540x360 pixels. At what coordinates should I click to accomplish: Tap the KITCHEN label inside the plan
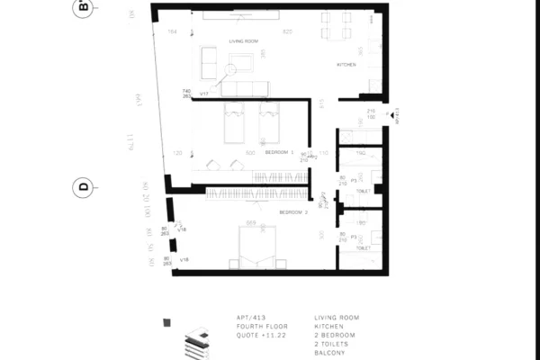[346, 65]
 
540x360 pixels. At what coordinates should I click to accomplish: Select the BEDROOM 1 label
[280, 153]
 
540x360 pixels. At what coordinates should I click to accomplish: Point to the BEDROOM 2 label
[293, 212]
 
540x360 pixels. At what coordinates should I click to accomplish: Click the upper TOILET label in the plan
[363, 191]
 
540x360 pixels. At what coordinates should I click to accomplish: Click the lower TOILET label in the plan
[363, 247]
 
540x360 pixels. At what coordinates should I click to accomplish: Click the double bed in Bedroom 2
[258, 245]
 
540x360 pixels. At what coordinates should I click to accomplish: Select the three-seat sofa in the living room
[245, 88]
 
